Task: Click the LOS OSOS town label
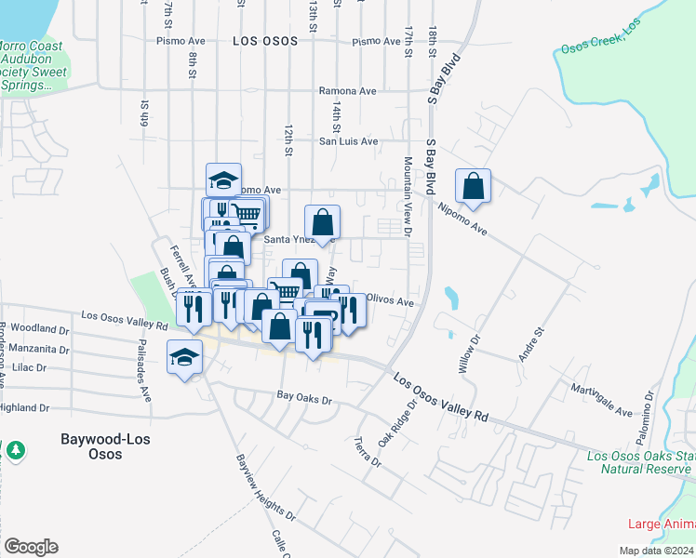tap(265, 41)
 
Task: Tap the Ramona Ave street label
tap(347, 91)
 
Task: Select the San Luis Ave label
tap(348, 141)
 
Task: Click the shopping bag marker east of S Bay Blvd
tap(473, 185)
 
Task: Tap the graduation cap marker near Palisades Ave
tap(184, 356)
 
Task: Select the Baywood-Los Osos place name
tap(104, 446)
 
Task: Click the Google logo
tap(31, 546)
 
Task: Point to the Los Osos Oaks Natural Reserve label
tap(640, 462)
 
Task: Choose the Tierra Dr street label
tap(368, 451)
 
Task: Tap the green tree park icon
tap(15, 451)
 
